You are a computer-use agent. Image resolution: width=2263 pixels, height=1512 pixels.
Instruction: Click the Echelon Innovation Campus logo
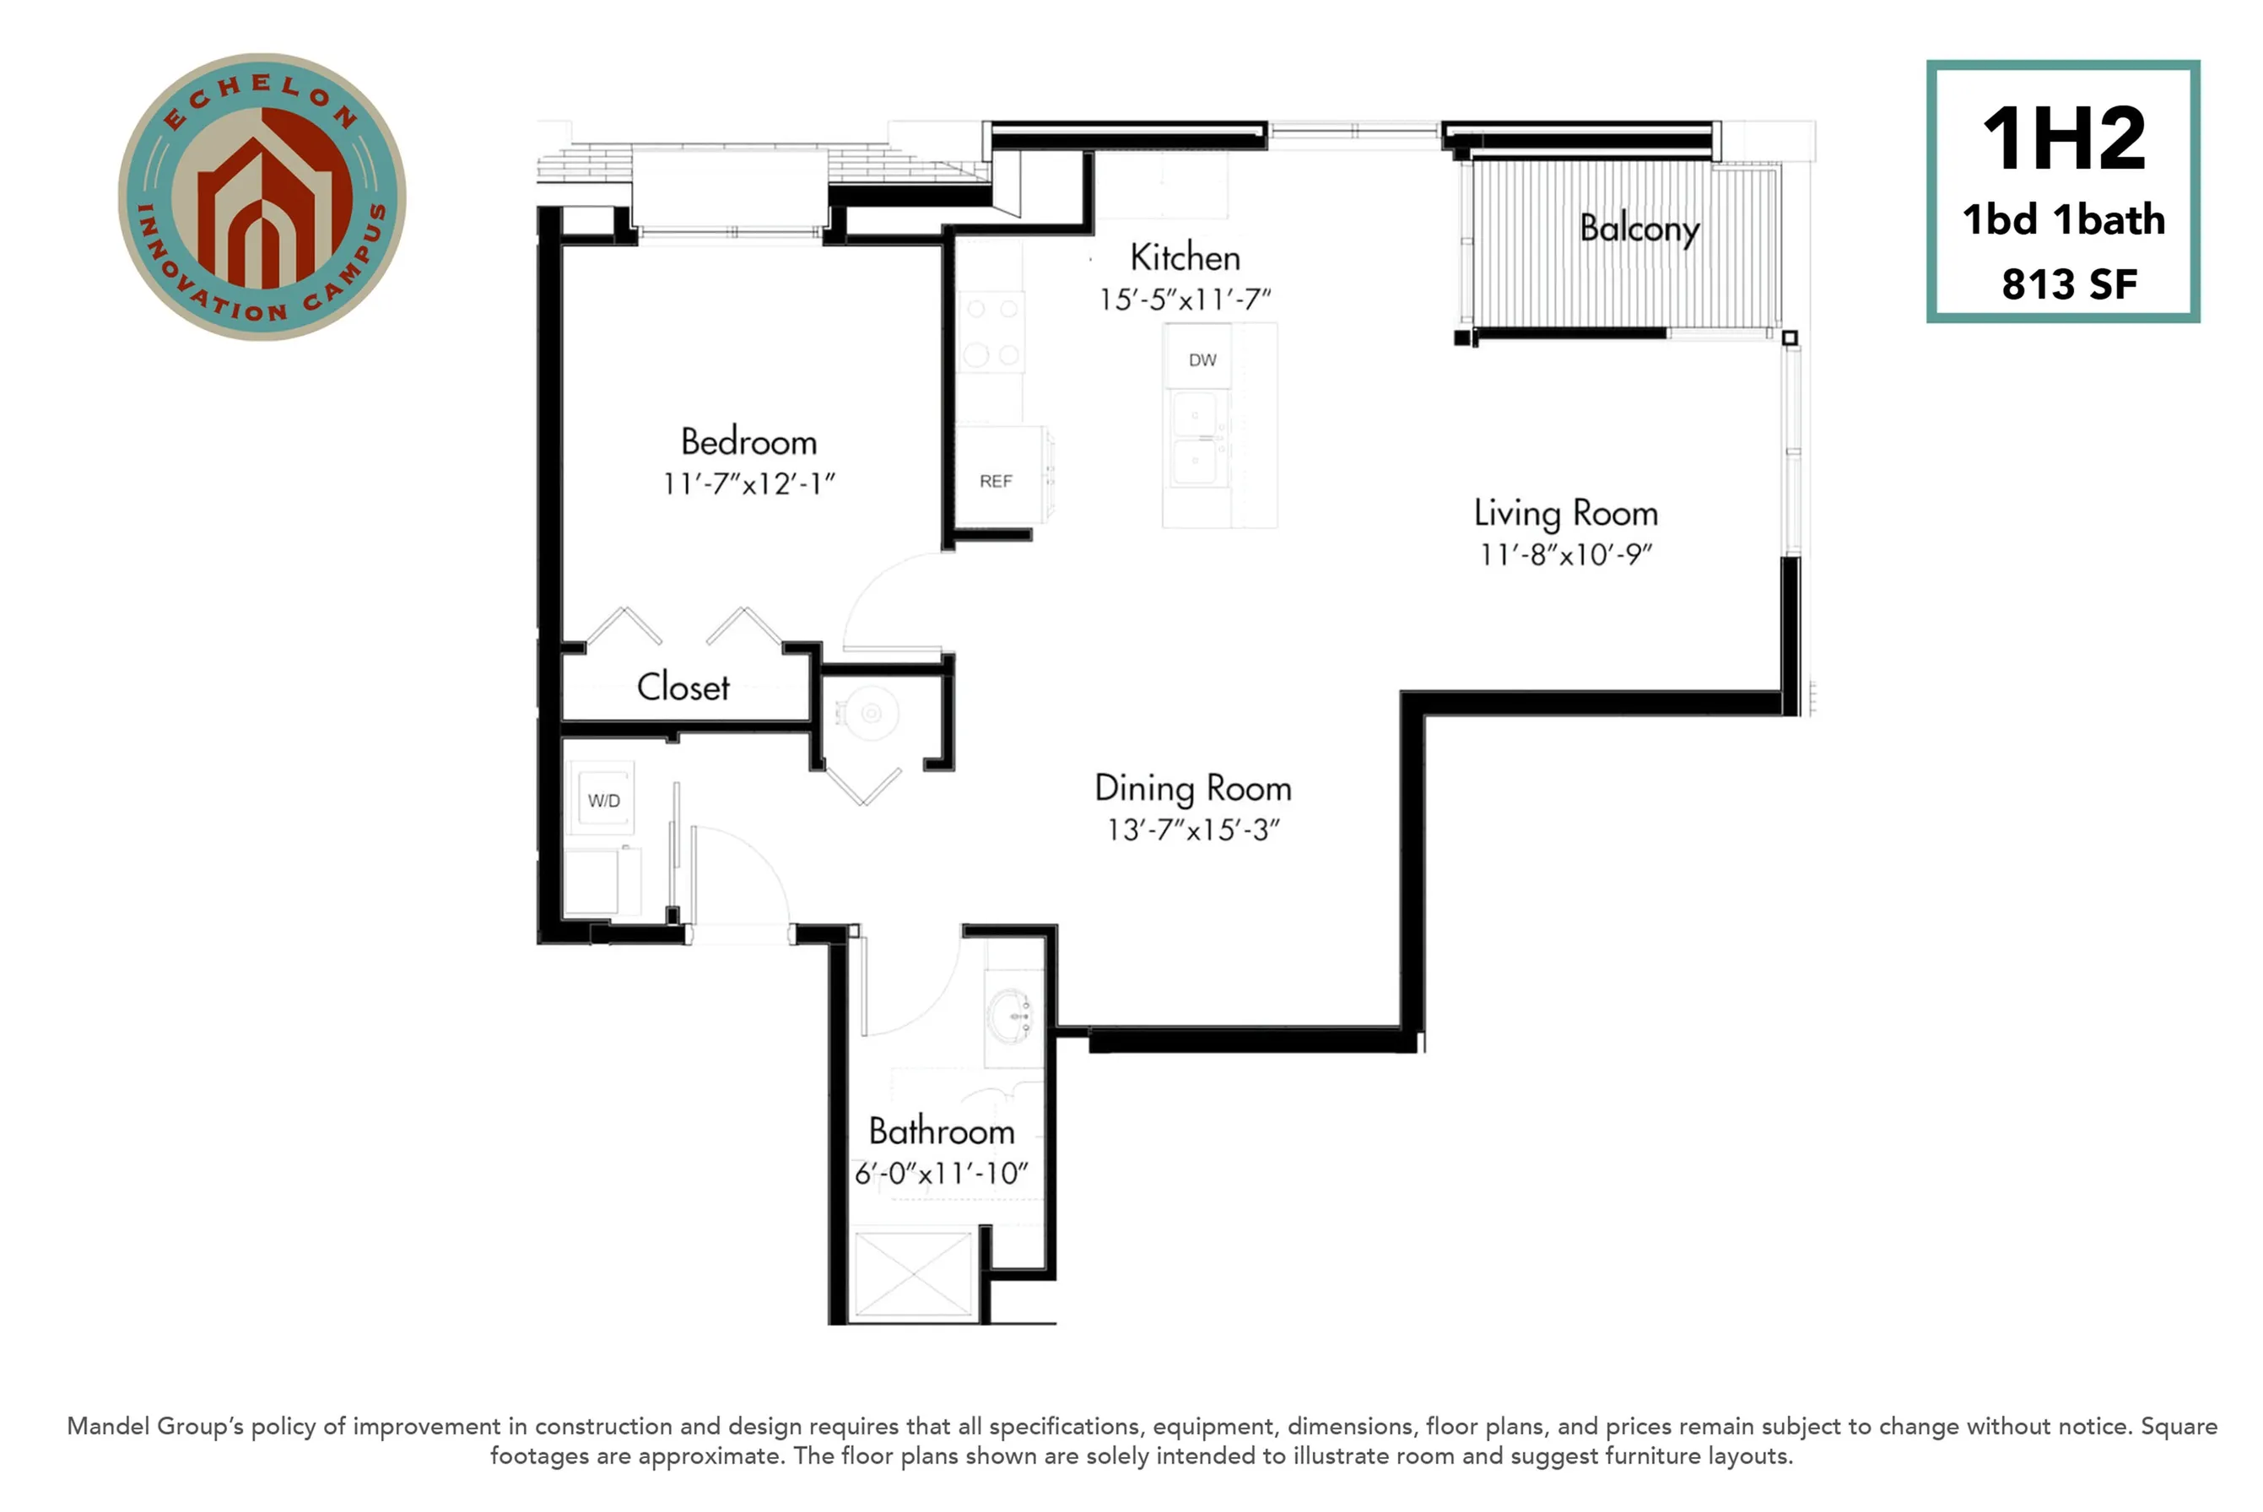[262, 197]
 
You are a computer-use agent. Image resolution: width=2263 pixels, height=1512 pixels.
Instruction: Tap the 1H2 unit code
[2062, 140]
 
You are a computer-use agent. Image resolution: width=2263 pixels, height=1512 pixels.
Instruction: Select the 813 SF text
[2069, 284]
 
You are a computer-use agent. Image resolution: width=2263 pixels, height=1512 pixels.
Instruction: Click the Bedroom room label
[748, 441]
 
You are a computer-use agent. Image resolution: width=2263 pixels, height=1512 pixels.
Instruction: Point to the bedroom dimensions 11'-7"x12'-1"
[748, 484]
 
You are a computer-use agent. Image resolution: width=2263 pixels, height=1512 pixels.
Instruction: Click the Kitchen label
[1185, 257]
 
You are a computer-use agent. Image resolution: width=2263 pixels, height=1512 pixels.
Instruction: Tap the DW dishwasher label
[1202, 360]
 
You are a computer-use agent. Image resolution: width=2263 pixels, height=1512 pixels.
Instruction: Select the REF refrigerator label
[995, 481]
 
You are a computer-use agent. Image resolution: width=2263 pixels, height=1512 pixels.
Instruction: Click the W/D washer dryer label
[603, 801]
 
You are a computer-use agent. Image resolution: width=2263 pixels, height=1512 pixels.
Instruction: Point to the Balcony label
[1639, 229]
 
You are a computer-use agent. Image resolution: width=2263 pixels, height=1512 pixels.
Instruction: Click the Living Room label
[1565, 513]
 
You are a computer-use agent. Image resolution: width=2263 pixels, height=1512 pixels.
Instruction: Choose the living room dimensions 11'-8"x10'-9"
[1565, 555]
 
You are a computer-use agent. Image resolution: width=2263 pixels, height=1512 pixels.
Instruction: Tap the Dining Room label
[1193, 789]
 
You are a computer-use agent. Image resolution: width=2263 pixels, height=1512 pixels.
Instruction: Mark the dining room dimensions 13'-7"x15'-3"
[1193, 830]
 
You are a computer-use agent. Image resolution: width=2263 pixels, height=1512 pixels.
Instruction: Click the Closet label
[683, 688]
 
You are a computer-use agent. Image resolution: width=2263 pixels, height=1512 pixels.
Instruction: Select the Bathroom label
[941, 1131]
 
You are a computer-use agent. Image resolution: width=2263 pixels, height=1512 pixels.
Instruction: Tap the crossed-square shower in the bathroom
[913, 1274]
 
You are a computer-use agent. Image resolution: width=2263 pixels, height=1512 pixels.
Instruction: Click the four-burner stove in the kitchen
[992, 332]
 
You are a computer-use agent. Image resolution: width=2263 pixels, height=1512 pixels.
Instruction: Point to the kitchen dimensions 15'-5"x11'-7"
[1185, 300]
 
